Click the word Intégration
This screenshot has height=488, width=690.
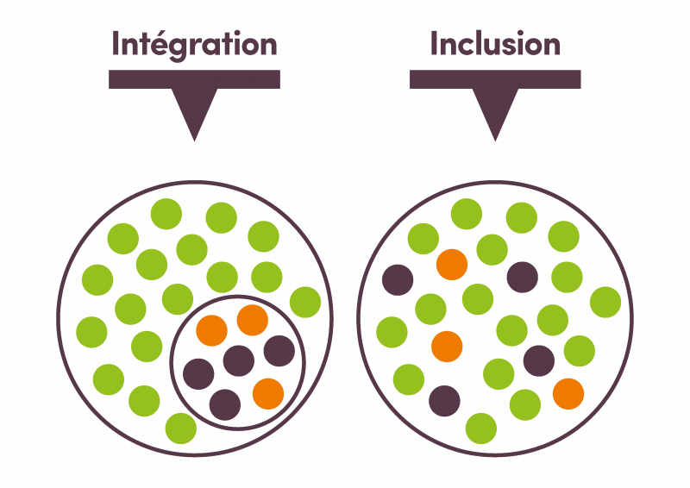tap(194, 45)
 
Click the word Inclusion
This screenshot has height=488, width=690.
tap(495, 43)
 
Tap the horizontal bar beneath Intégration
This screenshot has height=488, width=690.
tap(194, 78)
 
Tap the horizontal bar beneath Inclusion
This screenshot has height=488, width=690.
tap(495, 78)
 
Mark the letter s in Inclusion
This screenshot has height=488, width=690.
tap(523, 45)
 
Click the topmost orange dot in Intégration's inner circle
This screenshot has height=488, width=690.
tap(252, 320)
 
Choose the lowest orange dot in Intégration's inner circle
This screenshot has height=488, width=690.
tap(267, 392)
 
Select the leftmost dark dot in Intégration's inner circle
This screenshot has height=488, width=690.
tap(198, 374)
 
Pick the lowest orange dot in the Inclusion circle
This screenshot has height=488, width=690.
tap(568, 392)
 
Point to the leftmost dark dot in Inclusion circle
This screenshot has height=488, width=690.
tap(397, 280)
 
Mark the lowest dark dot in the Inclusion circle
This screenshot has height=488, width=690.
tap(444, 399)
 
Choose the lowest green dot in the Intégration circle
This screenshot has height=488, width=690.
tap(180, 427)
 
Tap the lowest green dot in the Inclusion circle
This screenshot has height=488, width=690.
tap(481, 427)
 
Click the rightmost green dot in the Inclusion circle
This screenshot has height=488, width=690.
tap(608, 301)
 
